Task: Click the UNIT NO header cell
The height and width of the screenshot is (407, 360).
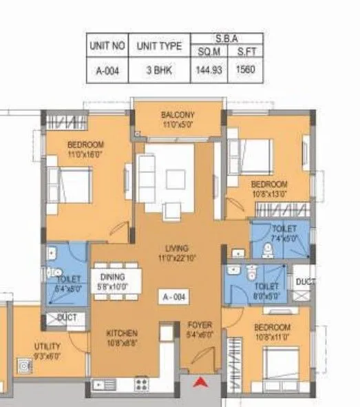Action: tap(107, 47)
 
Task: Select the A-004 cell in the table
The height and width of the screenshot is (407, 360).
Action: tap(107, 70)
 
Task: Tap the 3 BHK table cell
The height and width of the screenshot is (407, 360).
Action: tap(159, 70)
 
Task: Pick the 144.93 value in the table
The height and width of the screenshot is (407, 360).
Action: tap(209, 70)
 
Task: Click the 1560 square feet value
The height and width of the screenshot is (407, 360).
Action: tap(244, 70)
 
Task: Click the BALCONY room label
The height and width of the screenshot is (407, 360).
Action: tap(178, 115)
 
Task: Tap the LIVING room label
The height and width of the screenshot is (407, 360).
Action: tap(178, 248)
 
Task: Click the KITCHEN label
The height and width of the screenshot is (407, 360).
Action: tap(122, 332)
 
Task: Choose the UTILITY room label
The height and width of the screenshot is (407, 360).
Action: tap(47, 346)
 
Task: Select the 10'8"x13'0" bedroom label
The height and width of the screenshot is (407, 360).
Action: tap(268, 189)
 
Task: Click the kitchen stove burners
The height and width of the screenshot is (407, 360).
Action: tap(142, 384)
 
